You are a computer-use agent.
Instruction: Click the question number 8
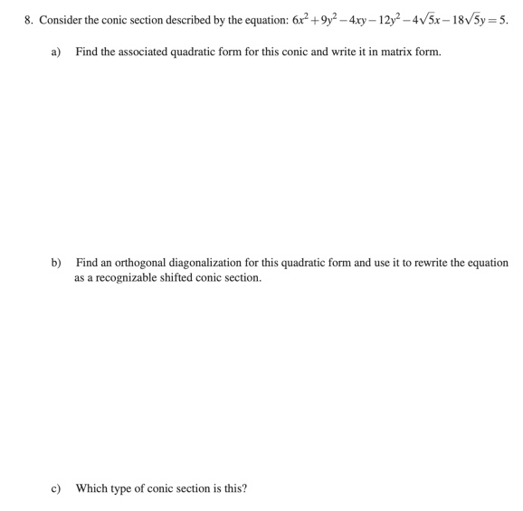[28, 20]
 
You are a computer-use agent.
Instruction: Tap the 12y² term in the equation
[397, 19]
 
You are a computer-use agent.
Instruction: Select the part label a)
[56, 52]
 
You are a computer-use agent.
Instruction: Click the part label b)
[56, 263]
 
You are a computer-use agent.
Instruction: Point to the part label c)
[56, 488]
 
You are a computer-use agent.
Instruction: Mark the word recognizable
[129, 277]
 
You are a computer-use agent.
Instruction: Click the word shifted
[185, 277]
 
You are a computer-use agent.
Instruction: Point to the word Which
[91, 488]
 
